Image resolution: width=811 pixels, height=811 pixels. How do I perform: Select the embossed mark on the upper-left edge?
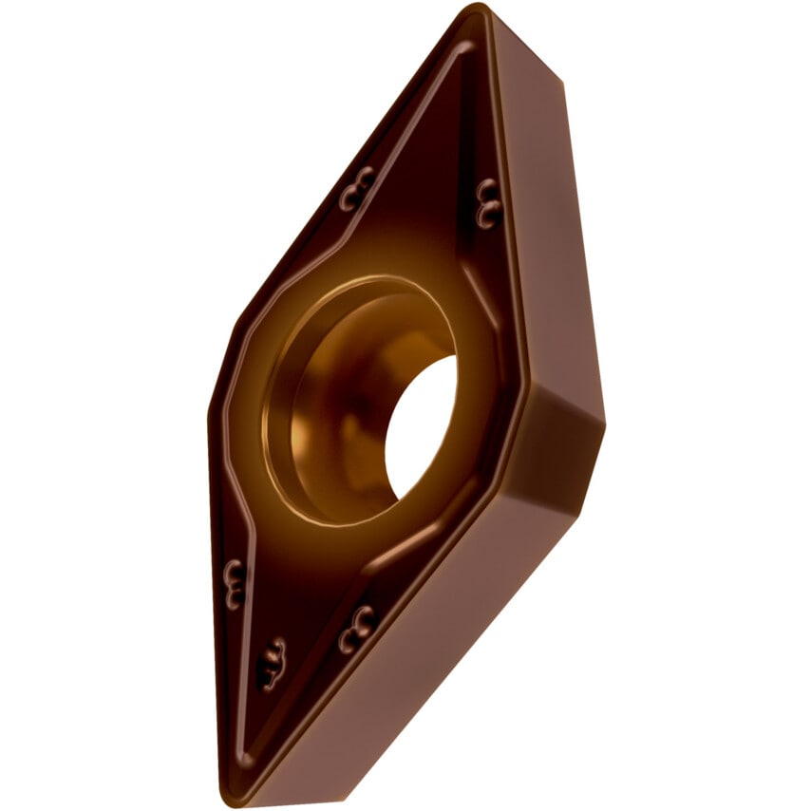click(x=358, y=187)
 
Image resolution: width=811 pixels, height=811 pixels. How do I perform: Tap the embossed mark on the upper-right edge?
click(x=488, y=200)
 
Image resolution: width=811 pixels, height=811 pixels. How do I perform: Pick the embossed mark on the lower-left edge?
click(x=234, y=581)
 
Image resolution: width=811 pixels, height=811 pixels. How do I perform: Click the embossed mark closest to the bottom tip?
click(x=272, y=661)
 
